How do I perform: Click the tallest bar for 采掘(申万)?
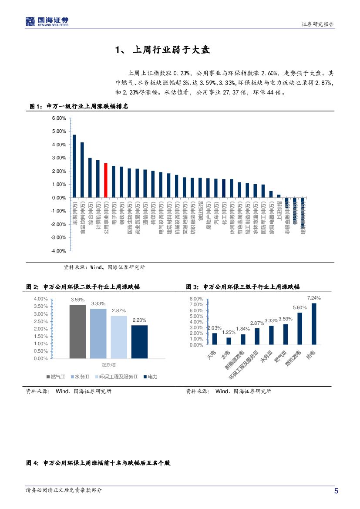(74, 166)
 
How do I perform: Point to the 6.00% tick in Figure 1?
(59, 118)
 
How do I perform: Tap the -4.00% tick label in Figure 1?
(59, 251)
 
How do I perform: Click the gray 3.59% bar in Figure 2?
(77, 331)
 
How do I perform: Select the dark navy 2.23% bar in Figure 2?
(139, 342)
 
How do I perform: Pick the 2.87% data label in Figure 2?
(119, 310)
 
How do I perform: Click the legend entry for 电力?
(150, 376)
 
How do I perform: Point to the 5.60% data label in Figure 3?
(299, 307)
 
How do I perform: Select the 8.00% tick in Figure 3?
(197, 299)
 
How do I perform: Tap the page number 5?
(336, 491)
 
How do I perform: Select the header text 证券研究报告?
(318, 24)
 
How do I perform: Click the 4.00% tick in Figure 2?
(40, 299)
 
